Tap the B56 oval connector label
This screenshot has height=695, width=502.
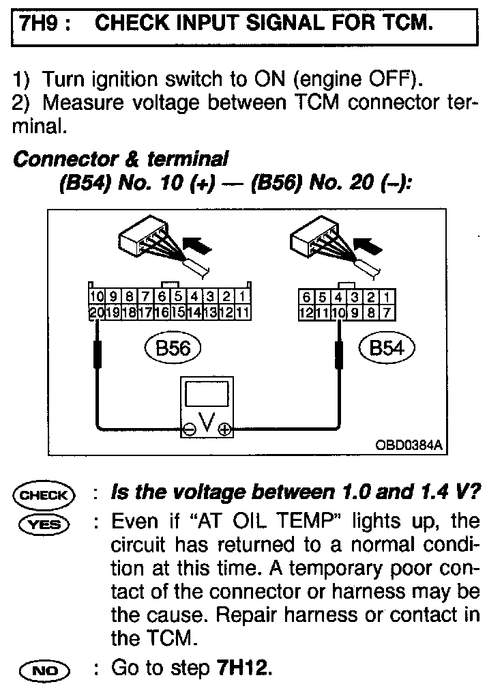[x=173, y=348]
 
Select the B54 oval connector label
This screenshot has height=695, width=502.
[x=386, y=348]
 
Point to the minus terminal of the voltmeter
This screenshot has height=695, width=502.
[x=189, y=430]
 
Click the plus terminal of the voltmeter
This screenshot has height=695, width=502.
[x=224, y=430]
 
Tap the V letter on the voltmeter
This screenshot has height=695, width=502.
[x=207, y=427]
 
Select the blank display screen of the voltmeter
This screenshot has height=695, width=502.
[x=206, y=397]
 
